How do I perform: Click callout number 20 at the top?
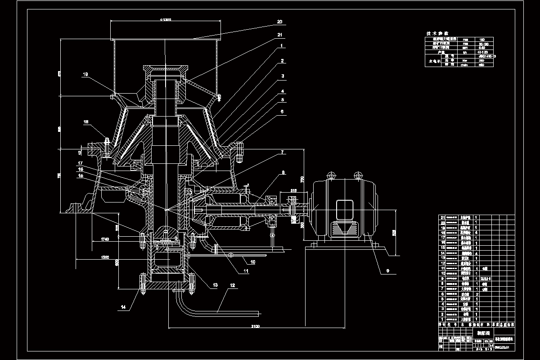pyautogui.click(x=279, y=22)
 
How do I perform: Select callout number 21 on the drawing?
pyautogui.click(x=280, y=34)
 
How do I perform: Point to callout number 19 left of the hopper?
pyautogui.click(x=85, y=75)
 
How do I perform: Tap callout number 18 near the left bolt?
pyautogui.click(x=86, y=121)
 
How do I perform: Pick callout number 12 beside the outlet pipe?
pyautogui.click(x=232, y=285)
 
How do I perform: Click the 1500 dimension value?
pyautogui.click(x=105, y=256)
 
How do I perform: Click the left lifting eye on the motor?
pyautogui.click(x=332, y=175)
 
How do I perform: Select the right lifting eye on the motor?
pyautogui.click(x=358, y=175)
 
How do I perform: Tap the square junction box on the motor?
pyautogui.click(x=345, y=209)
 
